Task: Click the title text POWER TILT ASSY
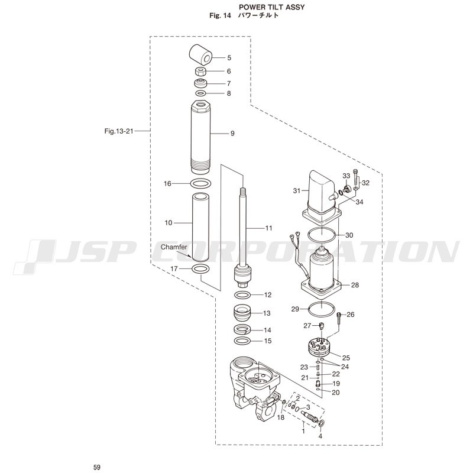pyautogui.click(x=272, y=7)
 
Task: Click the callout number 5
pyautogui.click(x=229, y=57)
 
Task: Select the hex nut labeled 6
pyautogui.click(x=200, y=72)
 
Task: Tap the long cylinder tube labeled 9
pyautogui.click(x=200, y=137)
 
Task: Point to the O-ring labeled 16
pyautogui.click(x=200, y=183)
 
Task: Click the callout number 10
pyautogui.click(x=169, y=223)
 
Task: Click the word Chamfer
pyautogui.click(x=174, y=247)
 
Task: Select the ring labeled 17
pyautogui.click(x=201, y=268)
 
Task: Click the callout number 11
pyautogui.click(x=268, y=228)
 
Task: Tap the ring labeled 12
pyautogui.click(x=242, y=294)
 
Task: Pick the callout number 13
pyautogui.click(x=267, y=313)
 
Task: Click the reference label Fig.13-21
pyautogui.click(x=119, y=131)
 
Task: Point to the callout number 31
pyautogui.click(x=297, y=190)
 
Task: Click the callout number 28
pyautogui.click(x=355, y=285)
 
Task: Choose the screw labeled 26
pyautogui.click(x=339, y=319)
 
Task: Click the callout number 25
pyautogui.click(x=346, y=358)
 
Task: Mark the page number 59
pyautogui.click(x=97, y=467)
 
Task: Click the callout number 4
pyautogui.click(x=320, y=436)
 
